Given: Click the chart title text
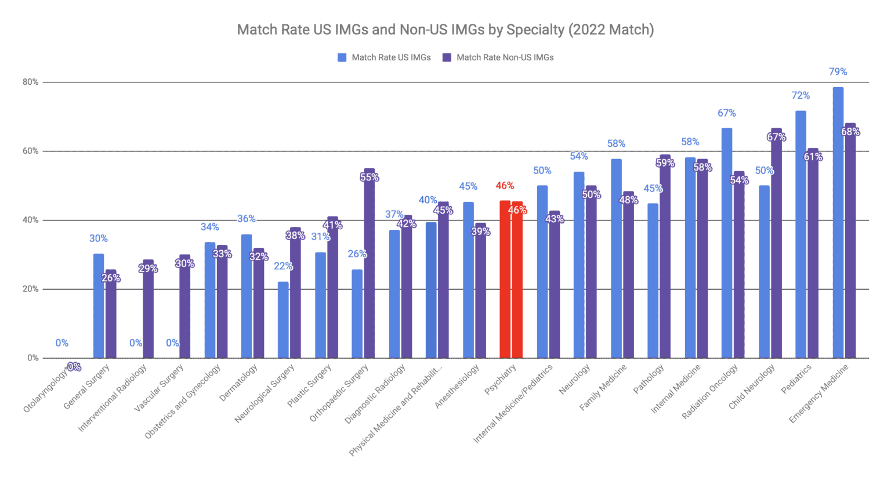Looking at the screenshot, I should click(x=445, y=30).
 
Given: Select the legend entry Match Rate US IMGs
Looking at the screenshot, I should click(x=385, y=57).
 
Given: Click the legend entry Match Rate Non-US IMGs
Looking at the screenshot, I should click(x=498, y=57).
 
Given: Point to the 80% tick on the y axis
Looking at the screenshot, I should click(x=31, y=82).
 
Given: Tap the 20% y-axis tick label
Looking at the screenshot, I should click(x=31, y=289).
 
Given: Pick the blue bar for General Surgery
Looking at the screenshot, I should click(x=99, y=306).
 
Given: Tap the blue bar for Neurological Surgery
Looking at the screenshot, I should click(x=283, y=320).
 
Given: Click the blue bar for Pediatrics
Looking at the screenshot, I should click(x=801, y=234).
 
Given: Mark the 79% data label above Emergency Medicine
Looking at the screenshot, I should click(x=838, y=72).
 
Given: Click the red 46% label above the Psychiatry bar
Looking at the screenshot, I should click(x=505, y=186).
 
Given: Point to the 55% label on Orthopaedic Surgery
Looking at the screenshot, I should click(x=370, y=178).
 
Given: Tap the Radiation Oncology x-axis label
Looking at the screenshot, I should click(x=711, y=391).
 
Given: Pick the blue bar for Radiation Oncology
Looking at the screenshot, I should click(x=727, y=243).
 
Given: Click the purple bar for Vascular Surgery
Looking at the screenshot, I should click(x=184, y=308).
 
